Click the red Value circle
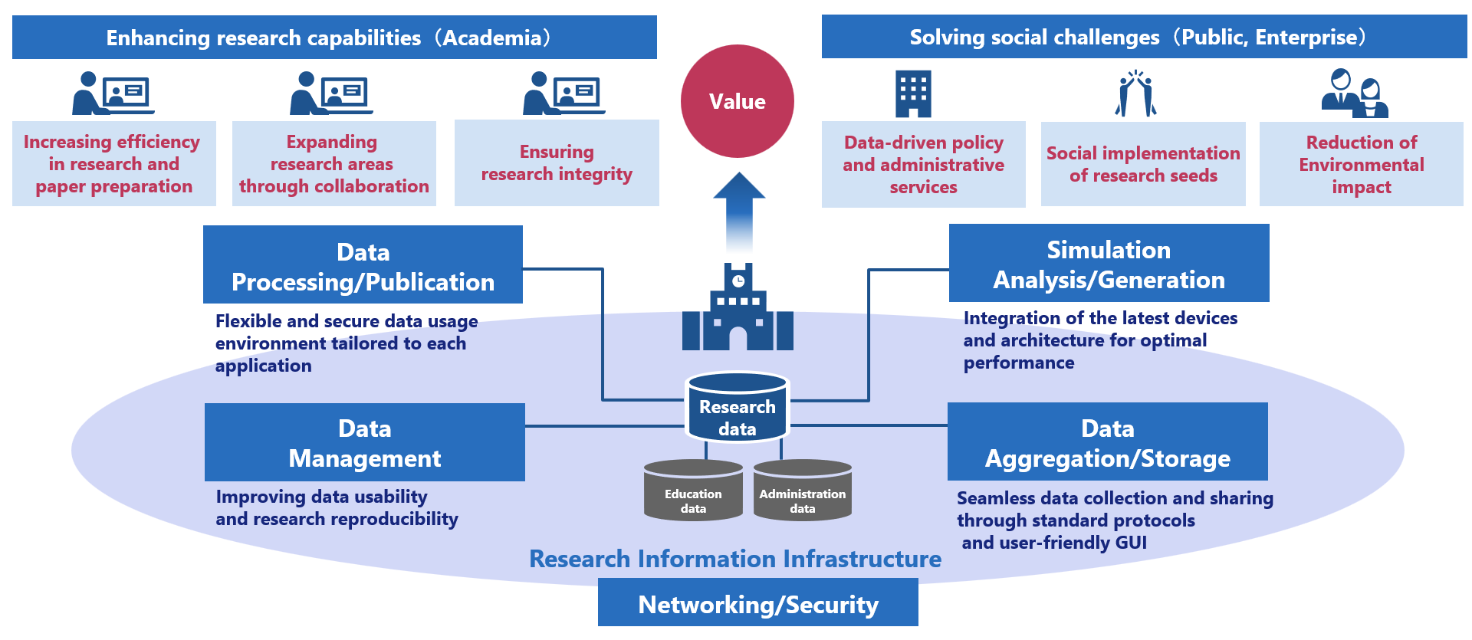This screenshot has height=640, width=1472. (x=737, y=101)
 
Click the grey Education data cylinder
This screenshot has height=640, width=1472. (x=693, y=491)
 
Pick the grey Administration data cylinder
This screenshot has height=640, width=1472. (x=802, y=491)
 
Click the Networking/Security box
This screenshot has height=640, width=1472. (x=757, y=603)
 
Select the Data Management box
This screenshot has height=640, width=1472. (x=365, y=442)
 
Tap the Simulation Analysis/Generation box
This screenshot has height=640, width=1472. (x=1109, y=263)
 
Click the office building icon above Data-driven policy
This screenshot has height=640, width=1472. (x=913, y=94)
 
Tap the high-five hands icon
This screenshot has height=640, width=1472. (x=1135, y=94)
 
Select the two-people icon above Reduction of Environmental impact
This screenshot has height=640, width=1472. (x=1355, y=94)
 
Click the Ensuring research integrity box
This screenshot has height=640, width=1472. (x=557, y=162)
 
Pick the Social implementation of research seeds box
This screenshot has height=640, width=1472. (x=1142, y=164)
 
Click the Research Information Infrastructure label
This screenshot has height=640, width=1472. (x=734, y=559)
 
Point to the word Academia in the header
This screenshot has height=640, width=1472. (x=496, y=38)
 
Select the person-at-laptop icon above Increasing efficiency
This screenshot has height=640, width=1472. (x=113, y=94)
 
